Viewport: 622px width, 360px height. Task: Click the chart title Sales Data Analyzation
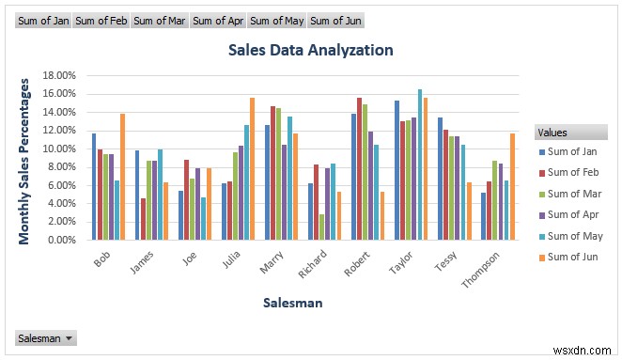(x=311, y=51)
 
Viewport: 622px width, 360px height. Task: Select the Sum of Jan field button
(x=44, y=20)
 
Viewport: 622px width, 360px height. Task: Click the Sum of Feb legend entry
(x=574, y=171)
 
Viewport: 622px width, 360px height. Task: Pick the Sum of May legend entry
(x=574, y=236)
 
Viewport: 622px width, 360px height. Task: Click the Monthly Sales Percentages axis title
(x=25, y=161)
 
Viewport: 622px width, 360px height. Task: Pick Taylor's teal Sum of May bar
(x=420, y=164)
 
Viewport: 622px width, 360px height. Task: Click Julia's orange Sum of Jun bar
(x=252, y=169)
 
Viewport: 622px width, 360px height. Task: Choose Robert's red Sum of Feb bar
(x=359, y=169)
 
